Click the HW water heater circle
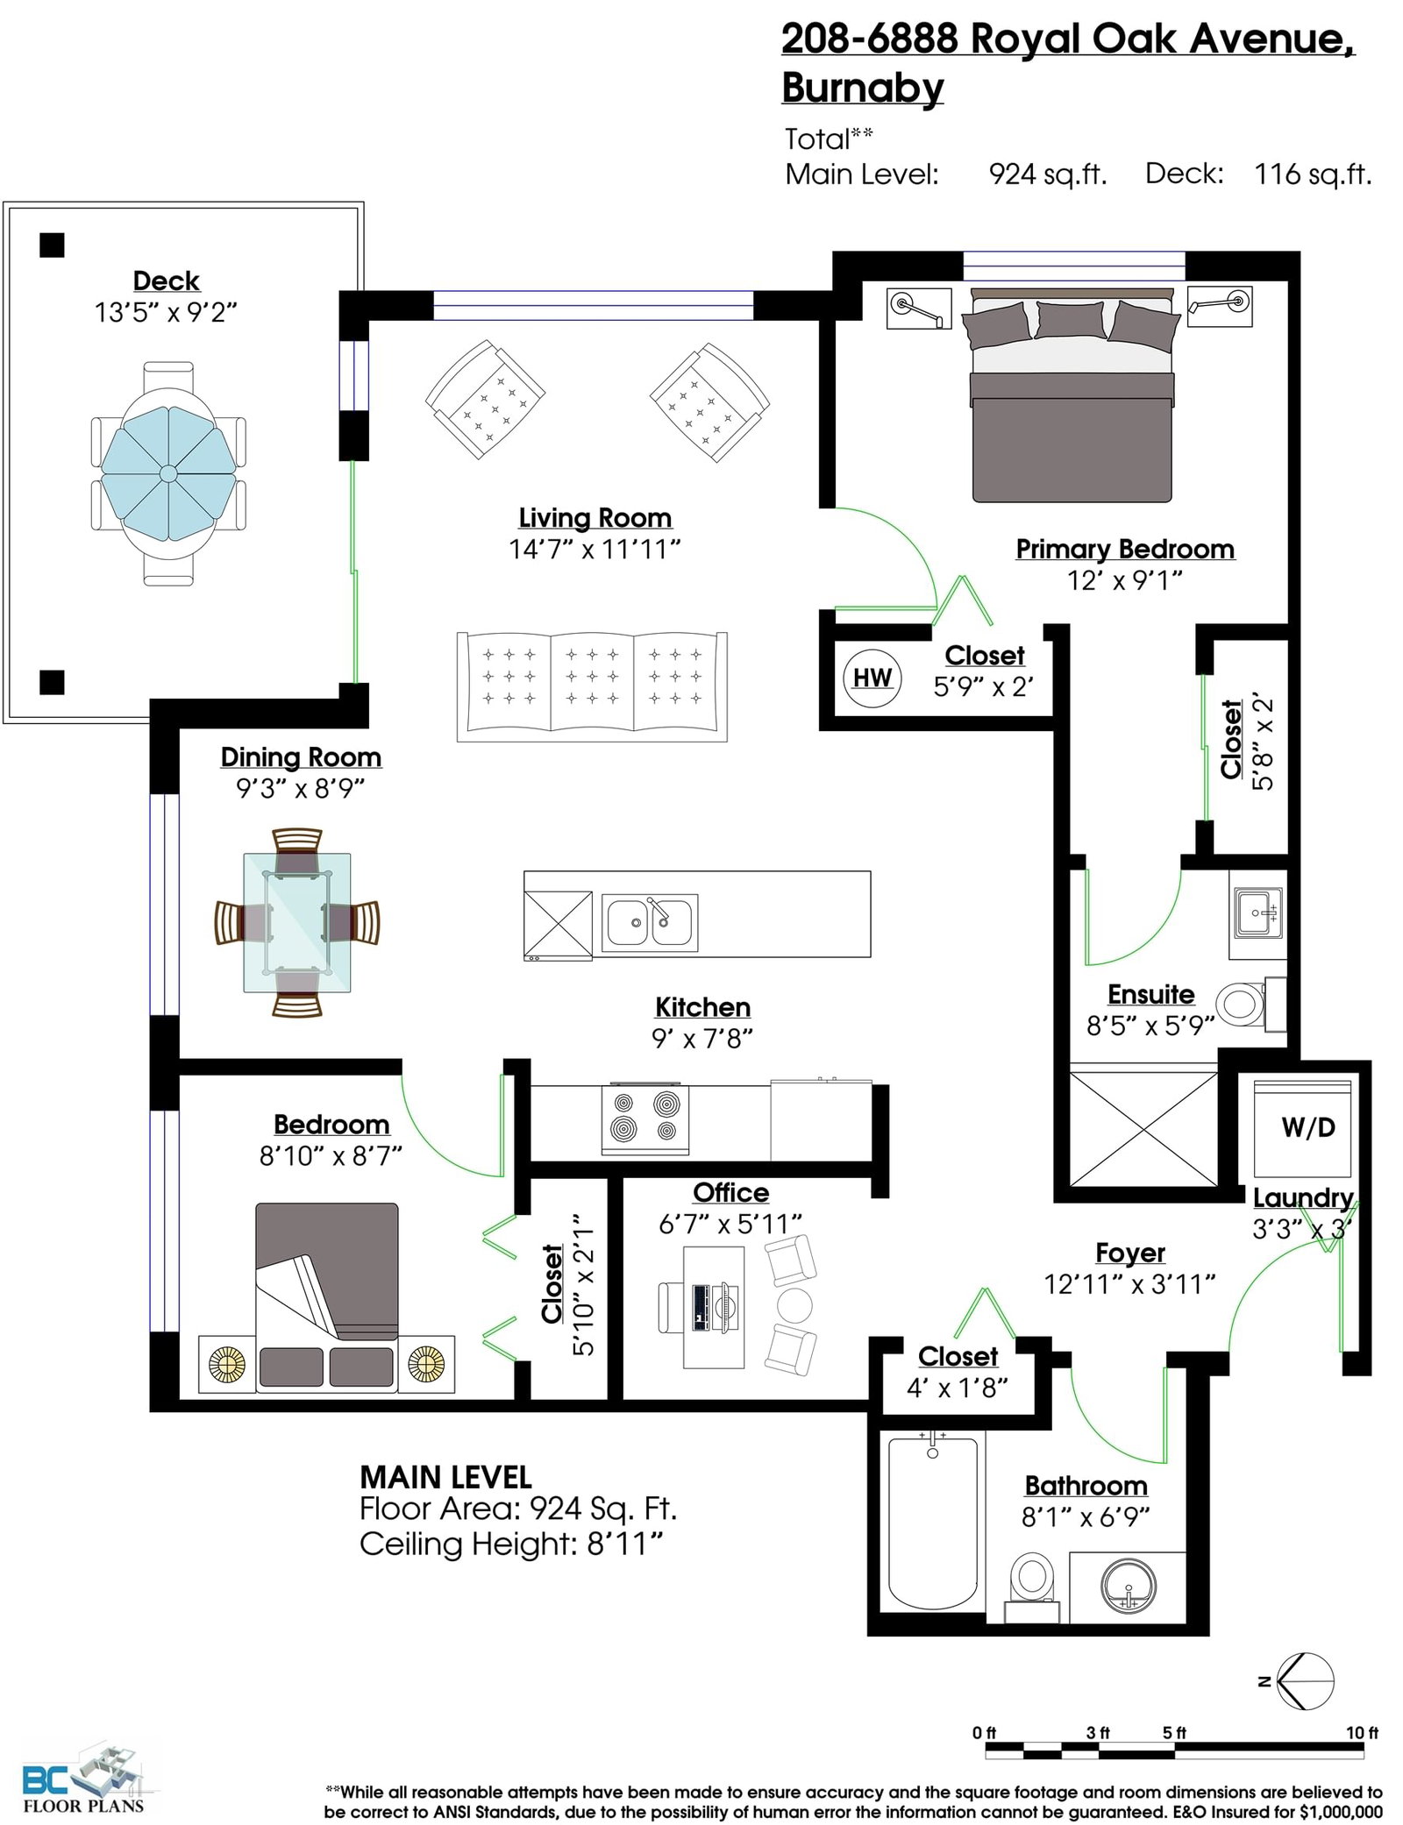coord(872,678)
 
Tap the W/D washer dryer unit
coord(1302,1129)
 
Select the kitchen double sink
coord(650,923)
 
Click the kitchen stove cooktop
coord(645,1119)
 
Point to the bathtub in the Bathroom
coord(932,1523)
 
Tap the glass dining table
coord(297,923)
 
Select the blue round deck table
coord(168,473)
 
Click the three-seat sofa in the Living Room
coord(592,686)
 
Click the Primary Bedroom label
coord(1125,550)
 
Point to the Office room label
coord(730,1193)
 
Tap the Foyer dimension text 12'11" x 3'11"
coord(1129,1285)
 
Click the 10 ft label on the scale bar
coord(1362,1732)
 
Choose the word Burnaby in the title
coord(863,88)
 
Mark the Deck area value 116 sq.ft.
coord(1313,174)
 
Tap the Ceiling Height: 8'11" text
coord(511,1544)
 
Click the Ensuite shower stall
coord(1143,1128)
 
